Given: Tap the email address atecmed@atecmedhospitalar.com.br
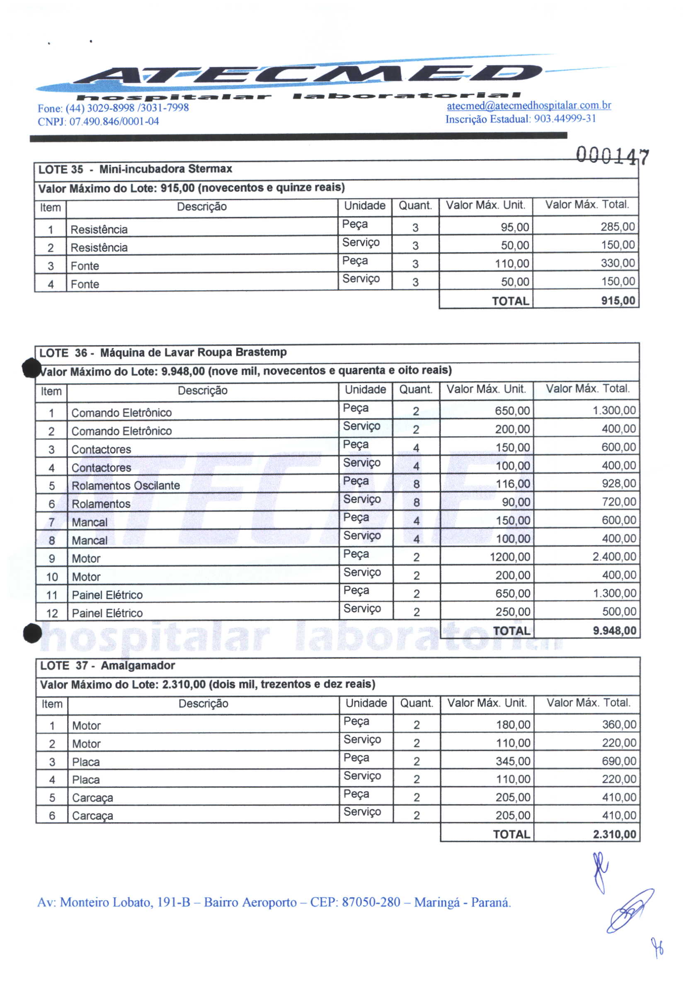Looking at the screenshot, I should click(x=529, y=105).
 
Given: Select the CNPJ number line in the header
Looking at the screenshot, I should click(x=98, y=122).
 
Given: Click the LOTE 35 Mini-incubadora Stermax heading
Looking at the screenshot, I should click(x=135, y=169).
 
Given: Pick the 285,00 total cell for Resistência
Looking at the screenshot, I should click(x=618, y=227).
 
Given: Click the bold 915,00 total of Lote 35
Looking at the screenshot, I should click(x=618, y=301).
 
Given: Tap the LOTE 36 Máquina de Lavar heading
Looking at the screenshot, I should click(x=163, y=353).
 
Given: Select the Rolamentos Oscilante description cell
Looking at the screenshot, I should click(x=125, y=486).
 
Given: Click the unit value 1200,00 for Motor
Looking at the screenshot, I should click(x=509, y=557).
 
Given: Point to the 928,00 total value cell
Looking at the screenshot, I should click(x=618, y=484).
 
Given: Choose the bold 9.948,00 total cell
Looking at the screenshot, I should click(x=614, y=631).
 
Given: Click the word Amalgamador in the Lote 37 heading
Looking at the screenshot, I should click(x=138, y=666).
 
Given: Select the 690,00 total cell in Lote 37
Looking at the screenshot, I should click(x=619, y=761).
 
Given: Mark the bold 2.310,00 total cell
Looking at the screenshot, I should click(x=614, y=834).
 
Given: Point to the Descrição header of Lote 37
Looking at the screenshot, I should click(x=203, y=703).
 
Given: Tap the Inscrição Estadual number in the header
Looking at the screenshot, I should click(x=565, y=119).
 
